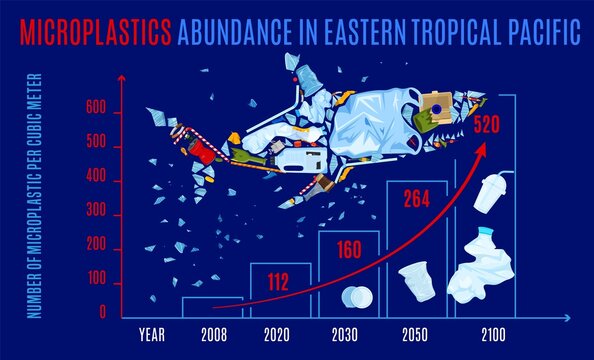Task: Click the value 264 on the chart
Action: [416, 199]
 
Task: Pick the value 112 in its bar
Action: [279, 281]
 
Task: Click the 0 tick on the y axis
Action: [102, 314]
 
